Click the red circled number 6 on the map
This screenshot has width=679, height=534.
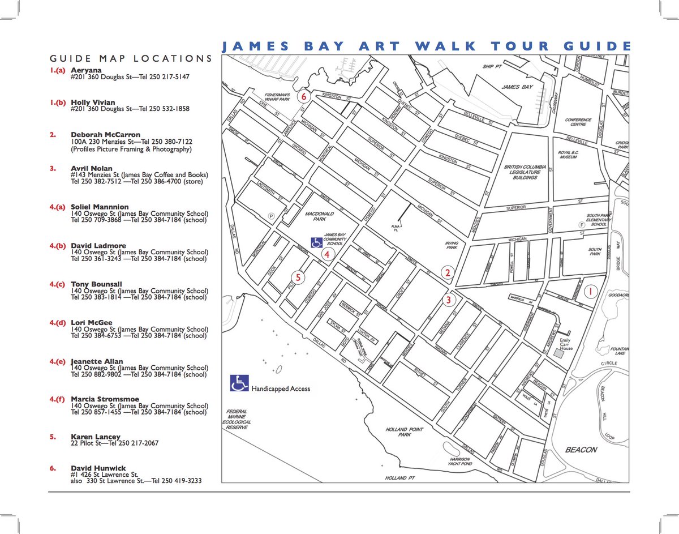(304, 96)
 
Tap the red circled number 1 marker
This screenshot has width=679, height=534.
(590, 292)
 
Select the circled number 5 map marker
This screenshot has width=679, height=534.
(298, 277)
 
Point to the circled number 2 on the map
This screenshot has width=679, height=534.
(448, 273)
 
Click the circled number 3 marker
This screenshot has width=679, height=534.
(448, 300)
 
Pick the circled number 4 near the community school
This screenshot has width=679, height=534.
(326, 254)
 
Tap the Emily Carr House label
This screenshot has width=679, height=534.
(566, 344)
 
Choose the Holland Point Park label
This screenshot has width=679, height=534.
(405, 432)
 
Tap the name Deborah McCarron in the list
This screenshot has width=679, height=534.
(105, 135)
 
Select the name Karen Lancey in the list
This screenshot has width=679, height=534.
(96, 437)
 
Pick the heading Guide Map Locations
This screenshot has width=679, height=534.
(131, 58)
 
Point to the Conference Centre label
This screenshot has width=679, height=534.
(578, 123)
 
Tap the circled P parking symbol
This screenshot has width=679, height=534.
(271, 215)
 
